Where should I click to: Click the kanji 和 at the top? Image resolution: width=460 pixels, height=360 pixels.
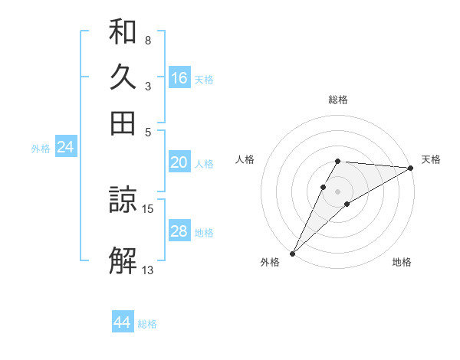click(x=123, y=33)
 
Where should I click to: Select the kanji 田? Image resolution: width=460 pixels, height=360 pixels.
click(x=123, y=123)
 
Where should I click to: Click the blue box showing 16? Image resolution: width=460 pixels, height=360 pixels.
click(x=179, y=78)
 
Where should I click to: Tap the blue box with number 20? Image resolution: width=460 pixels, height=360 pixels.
click(x=179, y=162)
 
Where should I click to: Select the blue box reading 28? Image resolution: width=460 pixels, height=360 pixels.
click(x=179, y=231)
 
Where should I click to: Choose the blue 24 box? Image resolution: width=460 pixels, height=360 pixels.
click(x=65, y=147)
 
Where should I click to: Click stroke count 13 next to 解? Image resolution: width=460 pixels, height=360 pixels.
click(x=148, y=269)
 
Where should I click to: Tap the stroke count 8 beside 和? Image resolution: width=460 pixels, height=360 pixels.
click(x=148, y=40)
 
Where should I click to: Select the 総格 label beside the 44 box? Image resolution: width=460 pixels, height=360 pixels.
click(x=147, y=324)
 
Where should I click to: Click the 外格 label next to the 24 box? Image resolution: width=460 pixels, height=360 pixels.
click(x=40, y=149)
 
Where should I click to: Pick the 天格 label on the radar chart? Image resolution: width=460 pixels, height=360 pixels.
click(x=431, y=159)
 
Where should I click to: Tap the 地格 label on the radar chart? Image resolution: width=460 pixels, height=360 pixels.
click(x=402, y=263)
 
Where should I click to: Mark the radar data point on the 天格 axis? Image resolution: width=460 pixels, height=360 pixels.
click(x=411, y=169)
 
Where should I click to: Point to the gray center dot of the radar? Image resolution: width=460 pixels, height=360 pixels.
click(x=337, y=191)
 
